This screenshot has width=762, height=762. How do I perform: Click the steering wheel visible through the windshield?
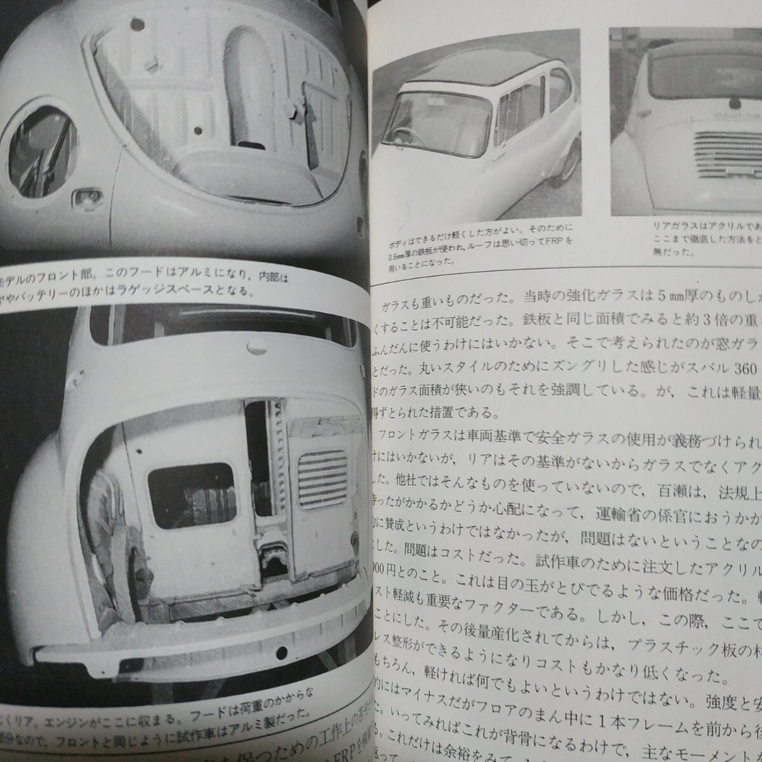[413, 137]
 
